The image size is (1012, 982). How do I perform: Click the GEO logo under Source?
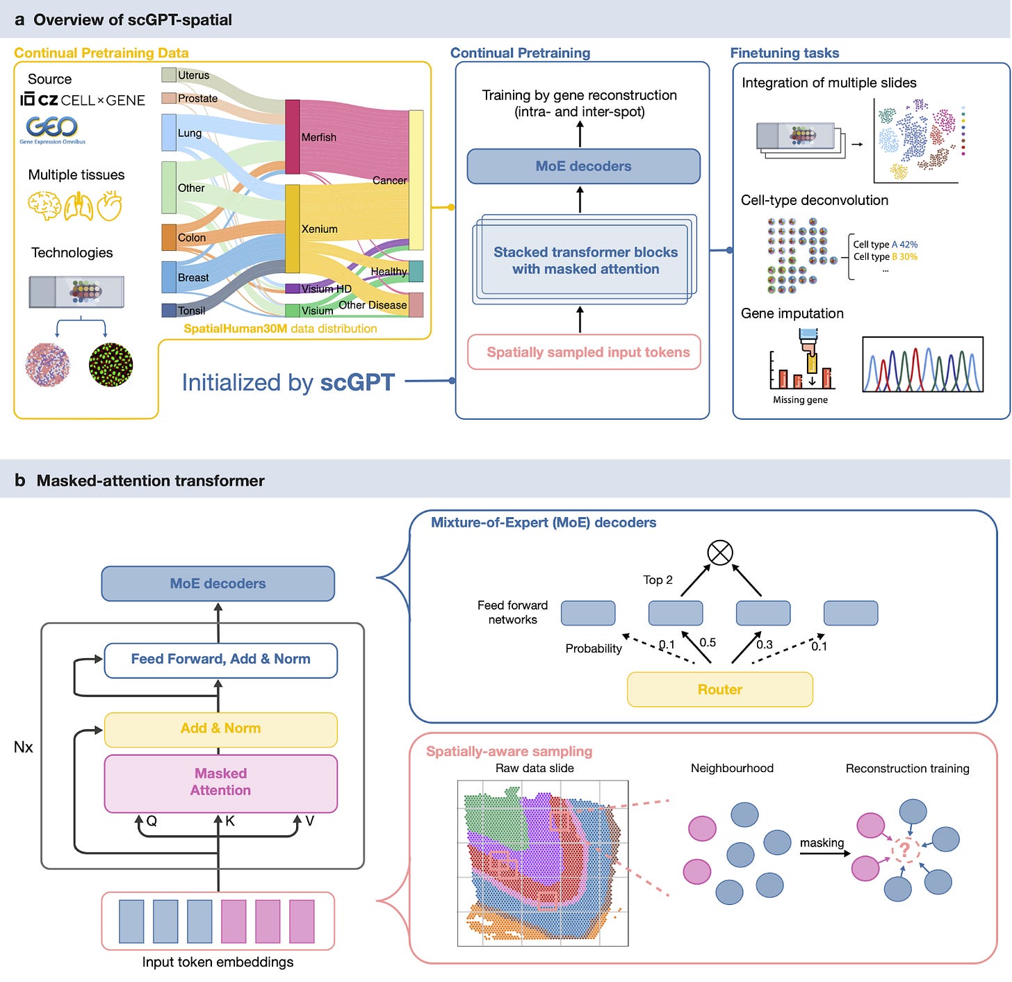(52, 129)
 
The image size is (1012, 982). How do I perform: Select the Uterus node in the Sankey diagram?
(168, 74)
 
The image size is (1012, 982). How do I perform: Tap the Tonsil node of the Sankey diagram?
(168, 310)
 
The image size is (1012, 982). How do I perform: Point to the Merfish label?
(318, 137)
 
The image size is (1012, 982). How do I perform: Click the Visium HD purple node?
(292, 288)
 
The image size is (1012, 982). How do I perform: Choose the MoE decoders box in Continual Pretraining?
(583, 166)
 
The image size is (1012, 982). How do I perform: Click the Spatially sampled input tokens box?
(583, 352)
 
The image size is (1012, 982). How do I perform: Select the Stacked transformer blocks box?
(585, 259)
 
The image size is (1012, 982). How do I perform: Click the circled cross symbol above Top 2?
(720, 552)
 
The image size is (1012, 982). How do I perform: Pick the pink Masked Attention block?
(220, 783)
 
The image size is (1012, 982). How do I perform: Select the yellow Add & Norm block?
(220, 729)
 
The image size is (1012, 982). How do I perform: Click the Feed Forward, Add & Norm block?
(220, 660)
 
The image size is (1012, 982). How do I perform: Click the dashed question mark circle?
(905, 849)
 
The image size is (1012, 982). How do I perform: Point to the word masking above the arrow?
(821, 842)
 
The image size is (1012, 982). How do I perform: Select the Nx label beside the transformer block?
(24, 746)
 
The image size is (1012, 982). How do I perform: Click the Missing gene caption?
(799, 399)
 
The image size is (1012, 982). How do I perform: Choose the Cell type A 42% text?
(885, 244)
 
